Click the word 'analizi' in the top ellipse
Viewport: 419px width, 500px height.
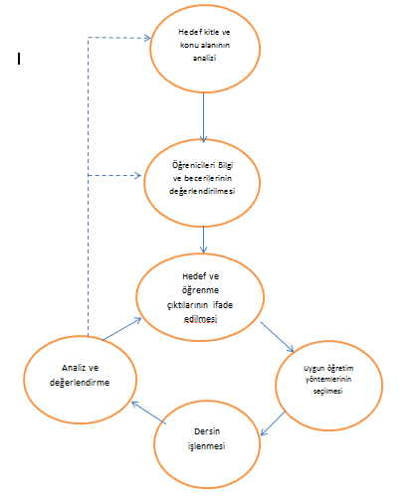[x=204, y=58]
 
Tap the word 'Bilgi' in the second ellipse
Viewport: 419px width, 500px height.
[x=226, y=165]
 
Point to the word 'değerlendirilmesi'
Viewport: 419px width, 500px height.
[x=202, y=192]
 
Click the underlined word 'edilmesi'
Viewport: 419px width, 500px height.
[x=200, y=319]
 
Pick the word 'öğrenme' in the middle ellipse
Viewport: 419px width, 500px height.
[x=200, y=290]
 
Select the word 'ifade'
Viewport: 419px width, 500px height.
[x=223, y=305]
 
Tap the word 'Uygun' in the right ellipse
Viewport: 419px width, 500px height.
[x=314, y=369]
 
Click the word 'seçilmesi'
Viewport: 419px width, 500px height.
[x=327, y=392]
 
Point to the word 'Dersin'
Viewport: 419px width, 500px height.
[x=207, y=431]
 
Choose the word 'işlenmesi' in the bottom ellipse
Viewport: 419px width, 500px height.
[x=206, y=446]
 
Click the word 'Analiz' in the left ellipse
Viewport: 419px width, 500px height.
[x=72, y=368]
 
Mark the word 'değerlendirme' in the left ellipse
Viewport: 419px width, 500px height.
[x=80, y=383]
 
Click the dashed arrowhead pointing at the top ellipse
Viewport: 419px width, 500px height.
[x=147, y=38]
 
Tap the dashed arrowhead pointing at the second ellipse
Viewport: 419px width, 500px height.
[x=137, y=175]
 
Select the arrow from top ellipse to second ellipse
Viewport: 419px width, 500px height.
[x=204, y=117]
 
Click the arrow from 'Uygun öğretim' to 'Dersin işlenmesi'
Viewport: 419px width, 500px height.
[x=273, y=423]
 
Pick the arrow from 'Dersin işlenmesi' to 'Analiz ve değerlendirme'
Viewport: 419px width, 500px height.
[x=149, y=413]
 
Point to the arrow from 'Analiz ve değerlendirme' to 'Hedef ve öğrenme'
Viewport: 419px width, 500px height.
[x=121, y=329]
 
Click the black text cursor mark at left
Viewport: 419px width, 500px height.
[x=19, y=59]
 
